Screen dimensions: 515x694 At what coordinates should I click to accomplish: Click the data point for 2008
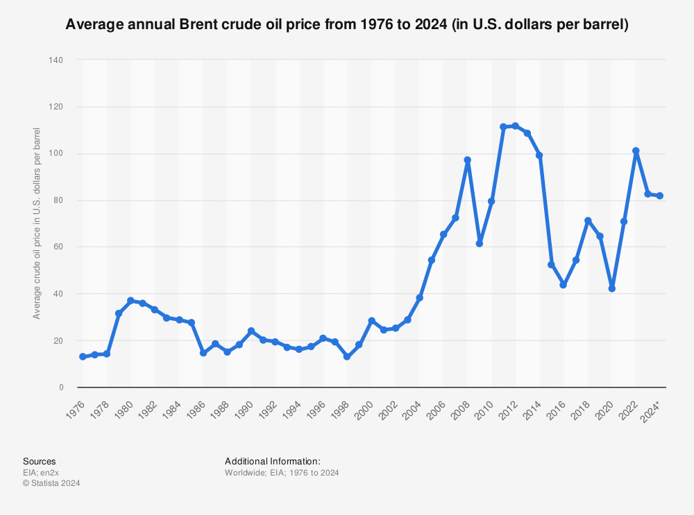tap(467, 160)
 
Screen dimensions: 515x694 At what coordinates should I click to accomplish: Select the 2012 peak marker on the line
tap(515, 126)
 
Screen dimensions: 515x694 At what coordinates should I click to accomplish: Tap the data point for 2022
tap(636, 151)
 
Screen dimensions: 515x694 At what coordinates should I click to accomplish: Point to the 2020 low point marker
tap(611, 288)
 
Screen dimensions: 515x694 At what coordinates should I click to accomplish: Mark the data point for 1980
tap(130, 301)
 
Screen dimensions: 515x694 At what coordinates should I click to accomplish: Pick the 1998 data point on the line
tap(347, 356)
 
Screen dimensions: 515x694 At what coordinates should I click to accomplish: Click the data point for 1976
tap(83, 356)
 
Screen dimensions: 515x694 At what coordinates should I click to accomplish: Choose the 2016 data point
tap(564, 285)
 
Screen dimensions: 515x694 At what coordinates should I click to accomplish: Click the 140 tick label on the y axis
tap(56, 60)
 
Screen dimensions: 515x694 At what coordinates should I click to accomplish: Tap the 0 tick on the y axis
tap(61, 387)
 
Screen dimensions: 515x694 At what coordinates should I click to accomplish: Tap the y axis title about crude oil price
tap(37, 223)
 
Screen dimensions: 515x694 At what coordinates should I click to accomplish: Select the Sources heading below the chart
tap(40, 461)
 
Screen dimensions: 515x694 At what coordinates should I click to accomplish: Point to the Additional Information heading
tap(272, 461)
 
